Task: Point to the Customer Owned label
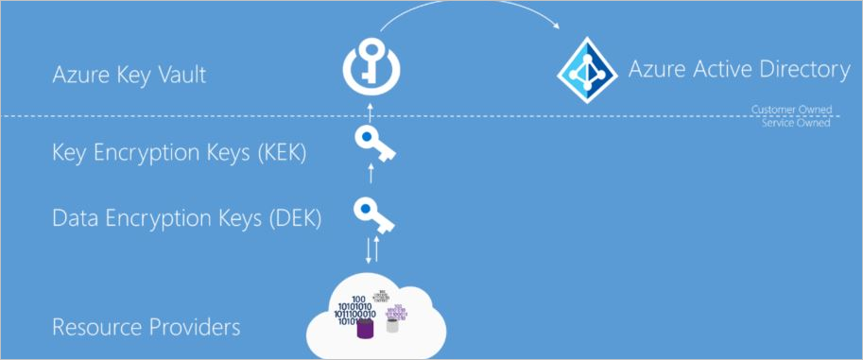point(791,111)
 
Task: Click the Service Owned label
point(795,123)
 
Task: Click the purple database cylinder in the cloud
point(363,329)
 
